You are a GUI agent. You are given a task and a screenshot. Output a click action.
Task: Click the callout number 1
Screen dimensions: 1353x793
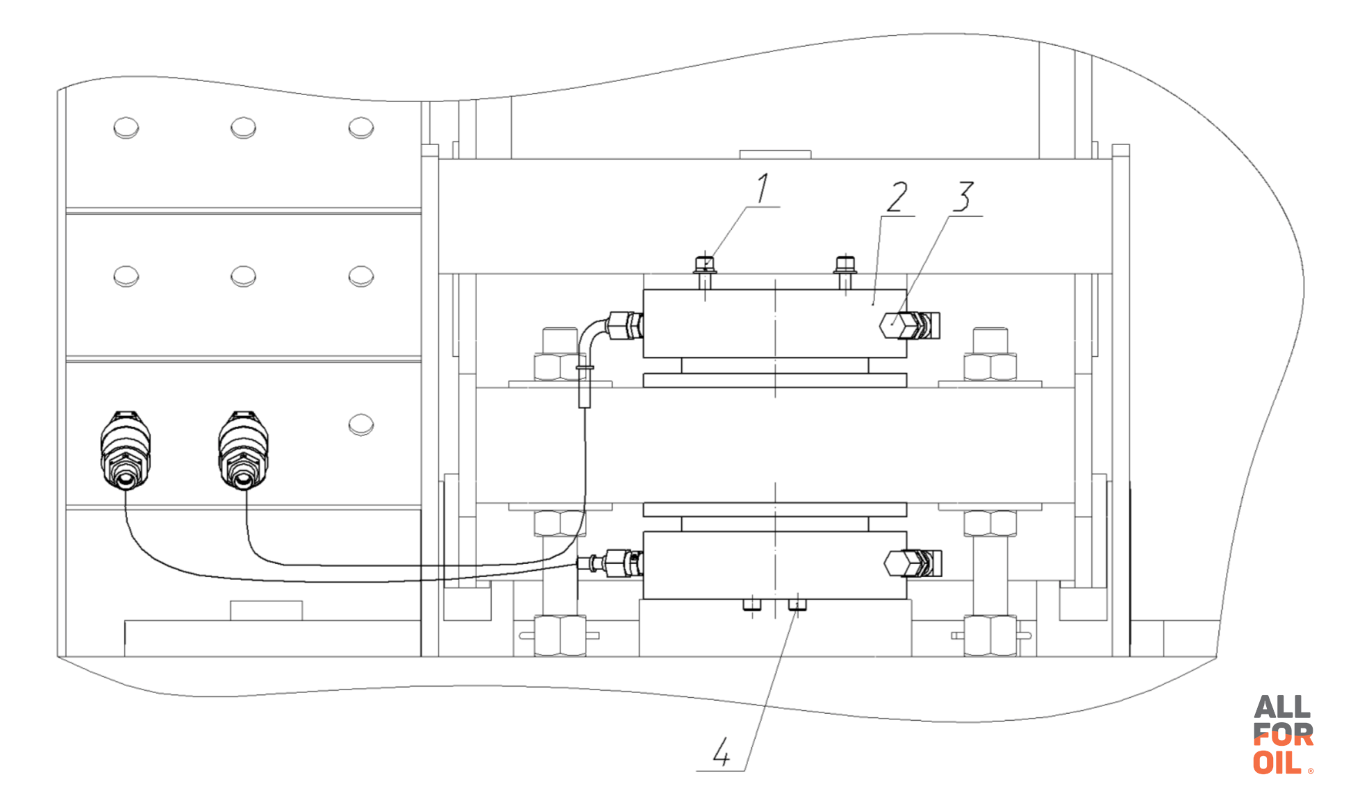[x=763, y=188]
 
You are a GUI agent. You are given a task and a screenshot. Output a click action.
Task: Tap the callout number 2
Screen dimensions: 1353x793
[x=897, y=197]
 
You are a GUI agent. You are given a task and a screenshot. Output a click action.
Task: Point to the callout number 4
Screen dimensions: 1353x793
[x=722, y=751]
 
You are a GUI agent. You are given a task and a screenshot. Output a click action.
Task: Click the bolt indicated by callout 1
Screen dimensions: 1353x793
[x=705, y=274]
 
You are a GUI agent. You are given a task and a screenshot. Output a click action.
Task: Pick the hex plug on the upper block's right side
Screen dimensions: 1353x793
[x=910, y=325]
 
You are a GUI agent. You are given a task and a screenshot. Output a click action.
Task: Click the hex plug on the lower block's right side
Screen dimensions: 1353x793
[x=913, y=563]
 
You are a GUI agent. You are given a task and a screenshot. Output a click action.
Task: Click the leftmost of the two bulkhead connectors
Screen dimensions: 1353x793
[x=126, y=450]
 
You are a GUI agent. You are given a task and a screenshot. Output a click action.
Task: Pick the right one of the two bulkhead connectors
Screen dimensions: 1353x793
[x=243, y=450]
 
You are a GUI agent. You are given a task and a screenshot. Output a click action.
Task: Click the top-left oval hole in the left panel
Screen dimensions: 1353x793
[x=126, y=128]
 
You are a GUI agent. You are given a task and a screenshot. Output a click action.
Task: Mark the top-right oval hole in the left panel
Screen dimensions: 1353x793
[x=361, y=128]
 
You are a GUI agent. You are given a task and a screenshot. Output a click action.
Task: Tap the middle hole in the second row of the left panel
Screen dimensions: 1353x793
[x=243, y=276]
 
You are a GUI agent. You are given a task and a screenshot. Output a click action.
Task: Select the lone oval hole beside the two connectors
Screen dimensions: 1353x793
[x=361, y=424]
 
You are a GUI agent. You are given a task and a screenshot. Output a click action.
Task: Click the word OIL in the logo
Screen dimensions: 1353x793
[x=1277, y=762]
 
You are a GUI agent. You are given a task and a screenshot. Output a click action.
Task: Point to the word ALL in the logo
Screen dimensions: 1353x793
[x=1282, y=708]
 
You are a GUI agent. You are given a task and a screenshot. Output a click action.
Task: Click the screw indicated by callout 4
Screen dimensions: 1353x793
[x=797, y=605]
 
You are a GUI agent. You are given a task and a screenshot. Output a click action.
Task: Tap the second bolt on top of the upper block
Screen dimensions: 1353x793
[x=845, y=274]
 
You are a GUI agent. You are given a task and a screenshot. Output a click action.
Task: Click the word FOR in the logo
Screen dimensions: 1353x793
[x=1284, y=735]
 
